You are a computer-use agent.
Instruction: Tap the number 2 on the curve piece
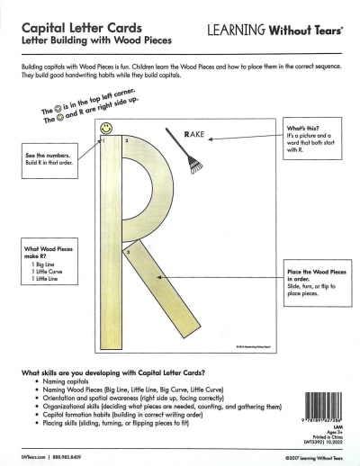[x=127, y=141]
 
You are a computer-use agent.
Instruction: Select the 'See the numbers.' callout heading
[x=44, y=158]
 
